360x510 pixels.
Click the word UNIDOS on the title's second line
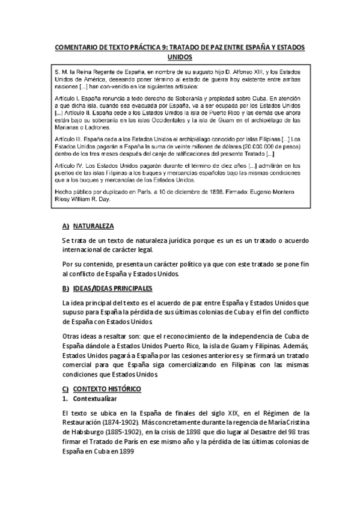pyautogui.click(x=180, y=57)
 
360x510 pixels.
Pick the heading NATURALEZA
pyautogui.click(x=93, y=226)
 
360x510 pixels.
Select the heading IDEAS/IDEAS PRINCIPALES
pyautogui.click(x=112, y=289)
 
